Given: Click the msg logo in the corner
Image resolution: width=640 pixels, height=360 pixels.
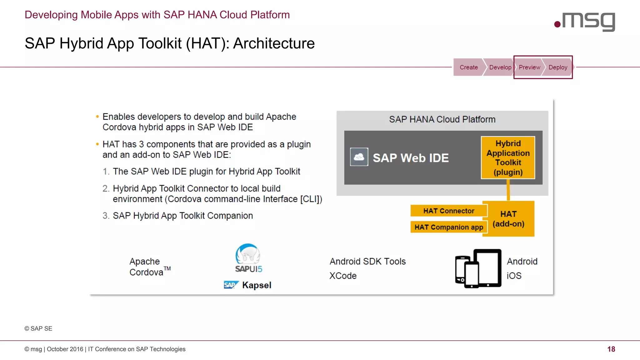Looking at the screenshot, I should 585,22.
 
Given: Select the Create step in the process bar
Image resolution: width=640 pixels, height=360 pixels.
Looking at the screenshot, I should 468,67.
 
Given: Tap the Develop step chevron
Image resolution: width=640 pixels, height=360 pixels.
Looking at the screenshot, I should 500,67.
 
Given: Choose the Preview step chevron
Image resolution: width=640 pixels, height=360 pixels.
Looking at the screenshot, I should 529,67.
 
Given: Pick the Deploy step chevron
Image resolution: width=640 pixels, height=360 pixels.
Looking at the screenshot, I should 558,67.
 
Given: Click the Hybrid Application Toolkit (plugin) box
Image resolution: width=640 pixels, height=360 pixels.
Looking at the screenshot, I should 508,157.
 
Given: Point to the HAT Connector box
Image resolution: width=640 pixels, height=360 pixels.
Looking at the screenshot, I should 448,211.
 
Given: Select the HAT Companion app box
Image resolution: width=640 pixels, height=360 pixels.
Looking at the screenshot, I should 448,227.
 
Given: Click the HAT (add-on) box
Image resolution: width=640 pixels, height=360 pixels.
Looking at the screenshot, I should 508,219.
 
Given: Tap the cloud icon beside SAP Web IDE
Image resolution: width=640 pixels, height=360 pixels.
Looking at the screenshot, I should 359,157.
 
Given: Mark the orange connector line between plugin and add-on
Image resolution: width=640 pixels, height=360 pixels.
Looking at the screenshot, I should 508,190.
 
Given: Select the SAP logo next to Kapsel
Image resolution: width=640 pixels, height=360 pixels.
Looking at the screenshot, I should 231,285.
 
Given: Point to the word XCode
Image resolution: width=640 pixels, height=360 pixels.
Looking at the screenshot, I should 343,276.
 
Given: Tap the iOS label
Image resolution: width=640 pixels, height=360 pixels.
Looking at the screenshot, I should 514,276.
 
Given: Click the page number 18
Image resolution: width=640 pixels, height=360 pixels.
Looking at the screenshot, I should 611,349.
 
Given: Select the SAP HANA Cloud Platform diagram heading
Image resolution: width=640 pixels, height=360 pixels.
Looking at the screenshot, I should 442,119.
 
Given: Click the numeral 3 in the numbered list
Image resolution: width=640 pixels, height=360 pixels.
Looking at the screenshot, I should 105,216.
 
